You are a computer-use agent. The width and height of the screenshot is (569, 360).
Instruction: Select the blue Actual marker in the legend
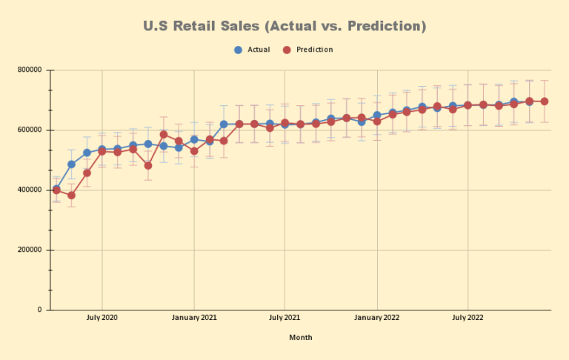tap(238, 50)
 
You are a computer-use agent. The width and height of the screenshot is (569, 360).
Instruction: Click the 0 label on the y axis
tap(39, 310)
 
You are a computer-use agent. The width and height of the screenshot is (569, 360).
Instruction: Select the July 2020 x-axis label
tap(102, 318)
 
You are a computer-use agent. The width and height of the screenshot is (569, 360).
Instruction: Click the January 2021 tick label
tap(194, 318)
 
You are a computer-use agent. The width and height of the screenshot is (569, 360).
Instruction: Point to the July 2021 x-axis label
tap(284, 318)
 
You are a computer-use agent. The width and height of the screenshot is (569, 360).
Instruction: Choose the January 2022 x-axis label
tap(377, 318)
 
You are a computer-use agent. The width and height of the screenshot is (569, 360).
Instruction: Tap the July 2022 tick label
tap(467, 318)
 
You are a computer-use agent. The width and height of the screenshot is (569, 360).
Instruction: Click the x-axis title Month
tap(301, 338)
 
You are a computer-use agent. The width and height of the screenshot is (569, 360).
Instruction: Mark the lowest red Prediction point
tap(72, 196)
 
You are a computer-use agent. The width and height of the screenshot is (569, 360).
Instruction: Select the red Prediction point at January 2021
tap(194, 151)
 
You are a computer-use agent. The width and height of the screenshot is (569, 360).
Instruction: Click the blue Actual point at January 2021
tap(194, 139)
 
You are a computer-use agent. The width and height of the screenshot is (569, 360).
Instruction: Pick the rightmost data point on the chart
tap(545, 101)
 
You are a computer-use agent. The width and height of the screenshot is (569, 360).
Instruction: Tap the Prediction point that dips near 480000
tap(148, 165)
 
